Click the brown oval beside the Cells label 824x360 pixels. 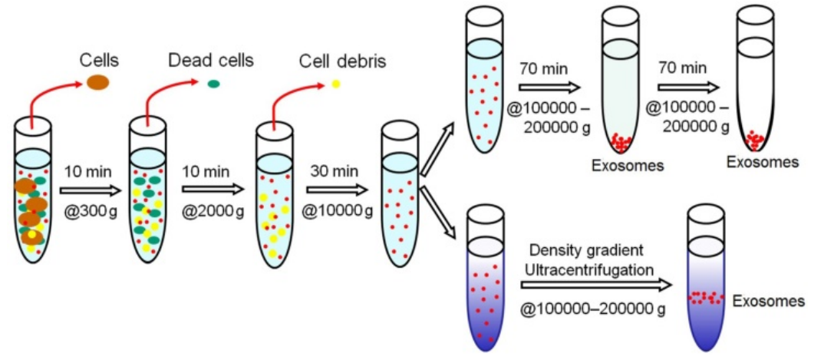[x=98, y=82]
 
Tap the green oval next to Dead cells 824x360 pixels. [x=213, y=83]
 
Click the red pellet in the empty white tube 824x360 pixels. [x=755, y=140]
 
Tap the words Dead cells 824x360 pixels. [x=211, y=61]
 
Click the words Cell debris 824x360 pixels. [x=342, y=61]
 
